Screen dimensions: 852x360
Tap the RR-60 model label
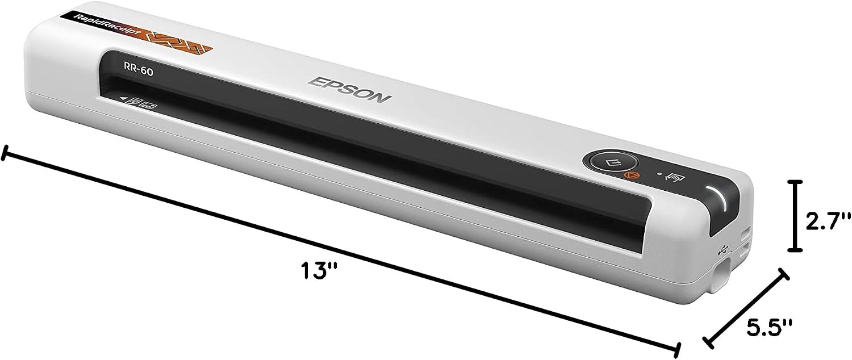(139, 70)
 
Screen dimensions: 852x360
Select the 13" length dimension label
(319, 270)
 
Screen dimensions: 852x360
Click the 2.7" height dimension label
(827, 221)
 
